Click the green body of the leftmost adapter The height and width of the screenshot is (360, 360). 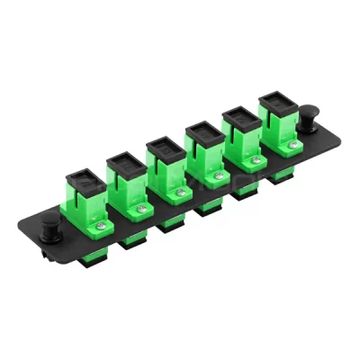(x=83, y=212)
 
